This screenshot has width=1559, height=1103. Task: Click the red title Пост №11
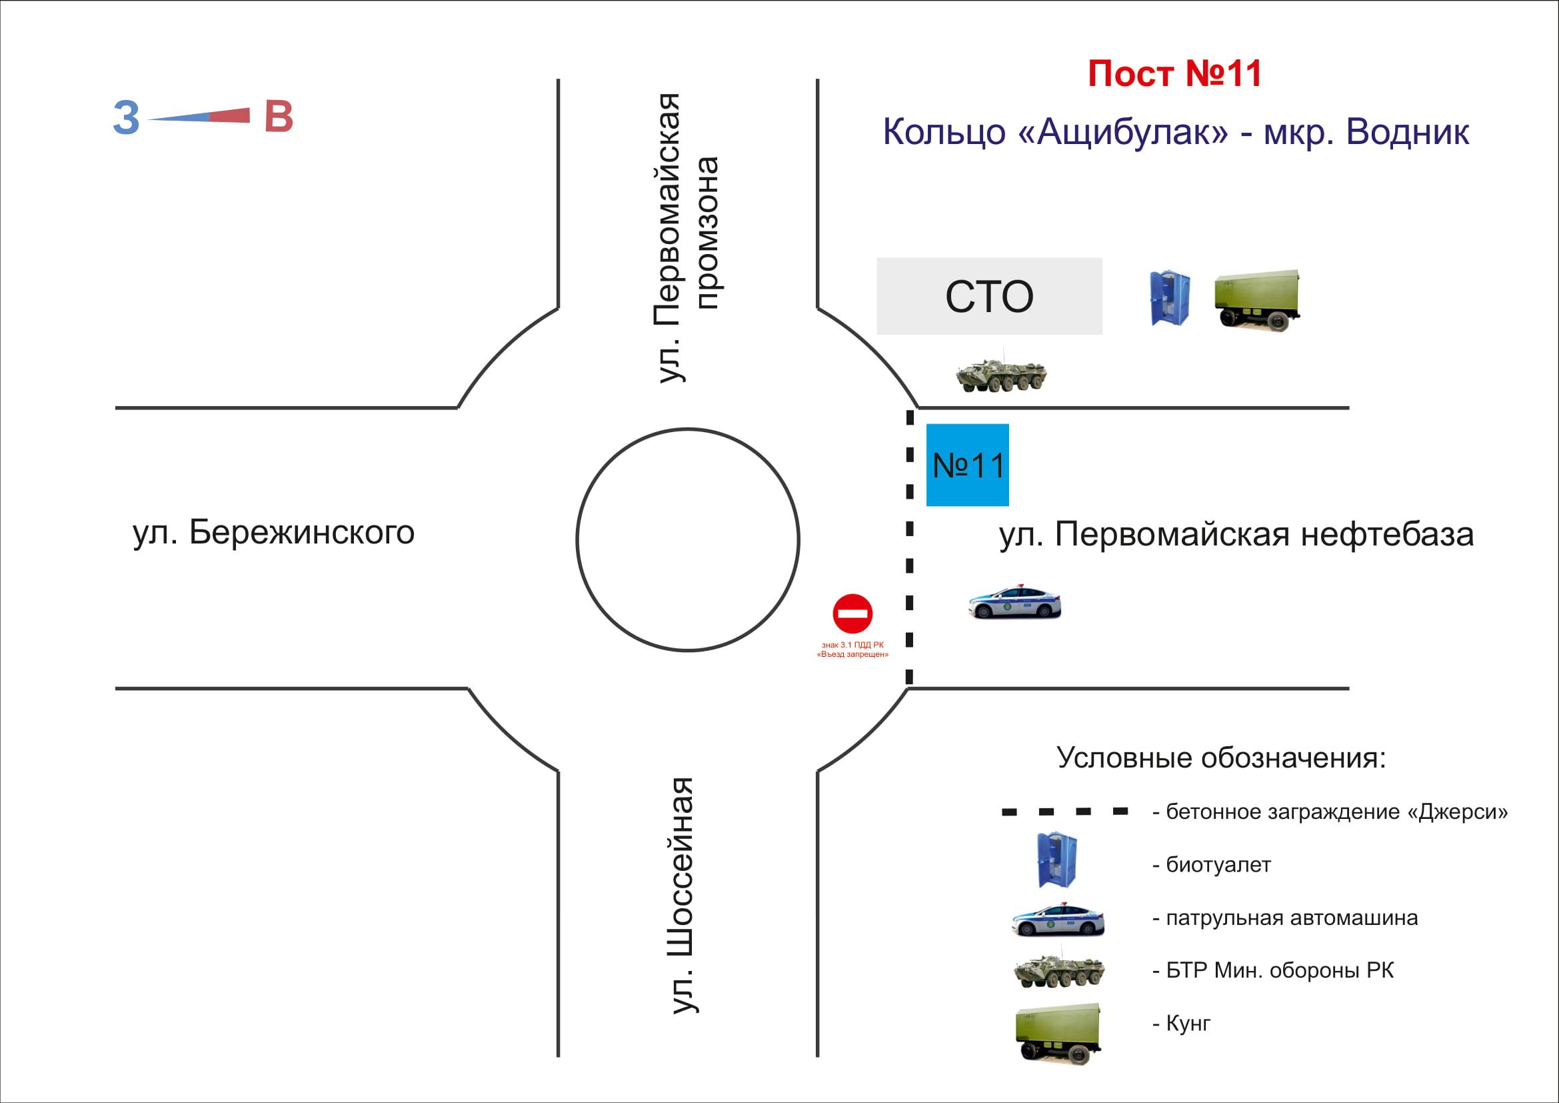pyautogui.click(x=1174, y=74)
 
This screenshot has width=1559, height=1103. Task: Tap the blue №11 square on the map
pyautogui.click(x=968, y=465)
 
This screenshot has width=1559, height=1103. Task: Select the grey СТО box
pyautogui.click(x=989, y=296)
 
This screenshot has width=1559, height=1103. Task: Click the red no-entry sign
pyautogui.click(x=853, y=614)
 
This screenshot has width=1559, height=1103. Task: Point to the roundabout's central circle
pyautogui.click(x=688, y=540)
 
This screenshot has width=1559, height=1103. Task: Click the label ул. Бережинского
pyautogui.click(x=274, y=532)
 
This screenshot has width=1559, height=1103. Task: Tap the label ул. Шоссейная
pyautogui.click(x=683, y=896)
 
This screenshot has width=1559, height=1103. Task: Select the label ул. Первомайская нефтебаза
pyautogui.click(x=1236, y=535)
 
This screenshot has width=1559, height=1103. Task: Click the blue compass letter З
pyautogui.click(x=126, y=118)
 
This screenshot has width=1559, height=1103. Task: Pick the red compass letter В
pyautogui.click(x=279, y=117)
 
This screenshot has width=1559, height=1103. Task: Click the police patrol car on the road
pyautogui.click(x=1014, y=601)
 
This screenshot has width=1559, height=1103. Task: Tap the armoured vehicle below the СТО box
pyautogui.click(x=1001, y=372)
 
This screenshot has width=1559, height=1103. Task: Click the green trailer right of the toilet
pyautogui.click(x=1258, y=299)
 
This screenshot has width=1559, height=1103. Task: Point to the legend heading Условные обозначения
pyautogui.click(x=1221, y=758)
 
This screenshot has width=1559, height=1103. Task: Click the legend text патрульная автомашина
pyautogui.click(x=1292, y=918)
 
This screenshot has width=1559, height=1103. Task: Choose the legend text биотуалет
pyautogui.click(x=1218, y=866)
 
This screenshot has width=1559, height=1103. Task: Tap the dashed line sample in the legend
pyautogui.click(x=1065, y=812)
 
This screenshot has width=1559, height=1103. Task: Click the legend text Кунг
pyautogui.click(x=1188, y=1024)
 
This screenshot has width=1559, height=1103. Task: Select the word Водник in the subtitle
pyautogui.click(x=1407, y=132)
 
